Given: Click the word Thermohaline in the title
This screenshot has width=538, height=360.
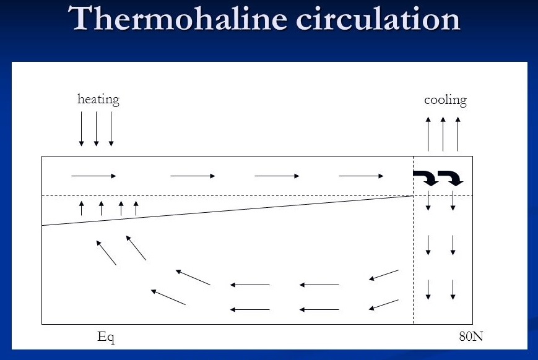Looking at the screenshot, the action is pos(178,18).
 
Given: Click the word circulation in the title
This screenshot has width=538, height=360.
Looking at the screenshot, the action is pos(378,18).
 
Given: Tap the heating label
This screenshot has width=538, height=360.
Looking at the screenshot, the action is pos(98,100).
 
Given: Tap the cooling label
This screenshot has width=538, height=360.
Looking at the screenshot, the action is pos(445,100).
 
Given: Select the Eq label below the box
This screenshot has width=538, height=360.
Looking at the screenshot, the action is pos(106,337).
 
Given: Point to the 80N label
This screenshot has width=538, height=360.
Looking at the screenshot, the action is pos(471,336).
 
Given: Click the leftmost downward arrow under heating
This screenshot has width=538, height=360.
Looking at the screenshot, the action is pos(81,129).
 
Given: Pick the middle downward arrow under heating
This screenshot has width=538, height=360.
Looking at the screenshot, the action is pos(97,129).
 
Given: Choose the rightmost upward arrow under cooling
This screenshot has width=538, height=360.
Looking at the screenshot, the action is pos(458,134).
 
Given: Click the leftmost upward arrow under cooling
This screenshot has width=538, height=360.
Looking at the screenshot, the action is pos(428,134).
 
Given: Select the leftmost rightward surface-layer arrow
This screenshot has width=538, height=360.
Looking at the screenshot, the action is pos(93,176).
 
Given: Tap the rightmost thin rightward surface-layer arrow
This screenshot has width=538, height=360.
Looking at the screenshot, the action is pos(361,176).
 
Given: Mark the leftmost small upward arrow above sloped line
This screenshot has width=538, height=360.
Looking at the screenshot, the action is pos(81,208).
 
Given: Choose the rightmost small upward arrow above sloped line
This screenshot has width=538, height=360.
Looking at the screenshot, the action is pos(136,208).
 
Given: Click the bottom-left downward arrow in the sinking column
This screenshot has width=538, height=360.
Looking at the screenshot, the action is pos(428,289).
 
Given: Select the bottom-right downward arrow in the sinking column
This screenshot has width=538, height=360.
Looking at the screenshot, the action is pos(453,289).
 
